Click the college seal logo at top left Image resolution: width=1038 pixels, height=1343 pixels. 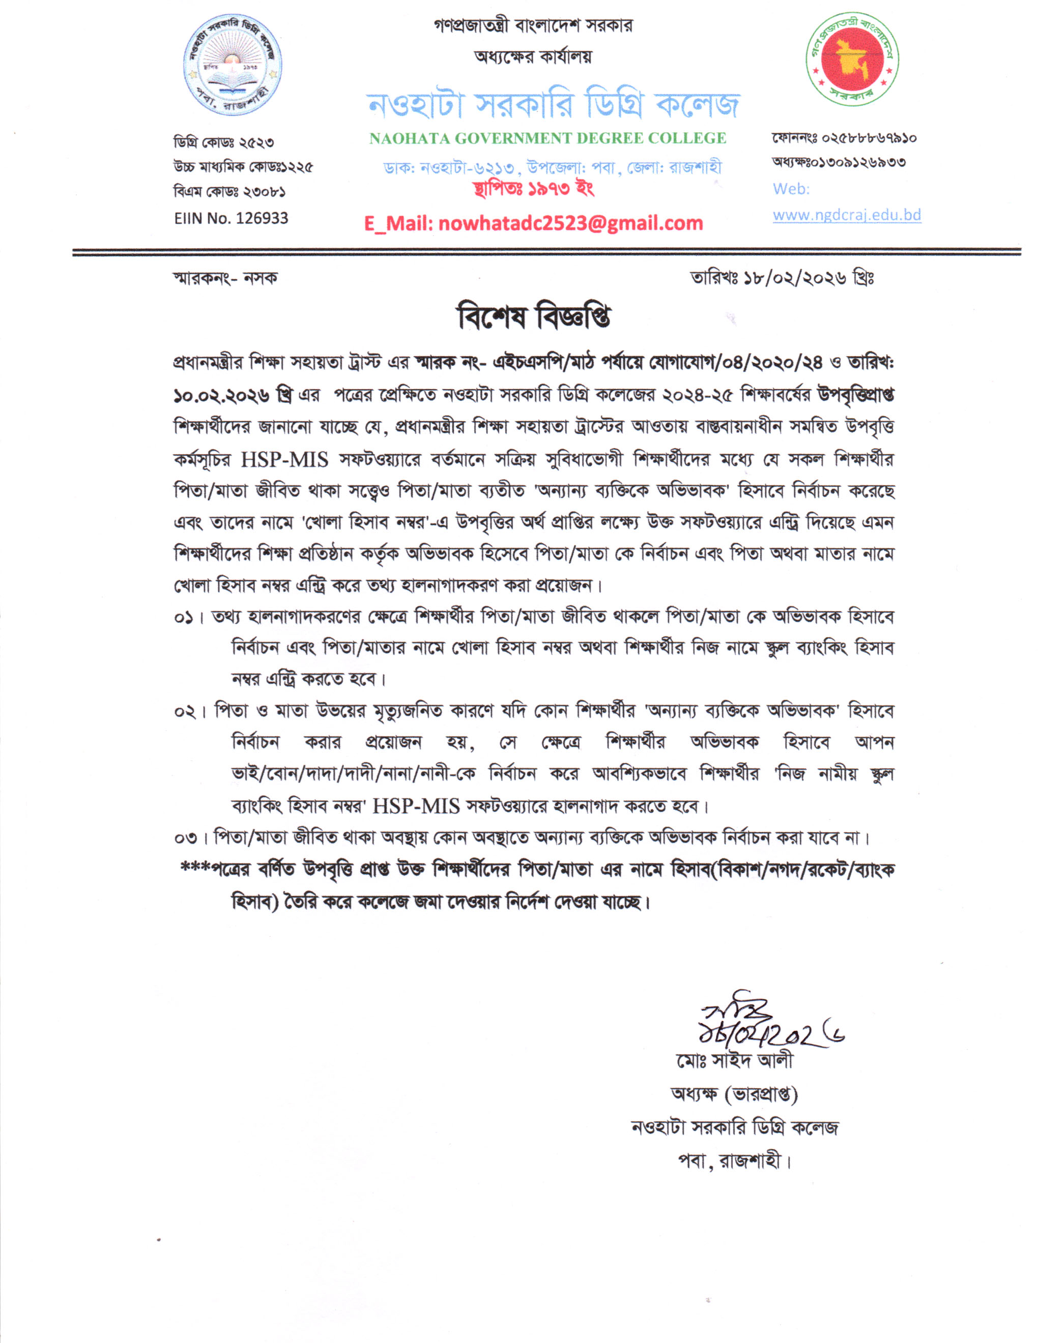point(234,67)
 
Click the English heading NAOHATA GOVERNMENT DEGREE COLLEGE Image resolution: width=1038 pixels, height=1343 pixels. point(547,138)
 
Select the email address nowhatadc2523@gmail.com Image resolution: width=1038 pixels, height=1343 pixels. point(571,223)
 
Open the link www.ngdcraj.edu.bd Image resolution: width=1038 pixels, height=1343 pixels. point(847,215)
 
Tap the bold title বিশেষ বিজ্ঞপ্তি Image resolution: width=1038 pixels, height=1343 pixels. point(534,318)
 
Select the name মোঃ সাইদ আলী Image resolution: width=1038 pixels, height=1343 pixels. point(734,1061)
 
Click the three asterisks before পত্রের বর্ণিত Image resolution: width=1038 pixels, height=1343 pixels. point(194,868)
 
